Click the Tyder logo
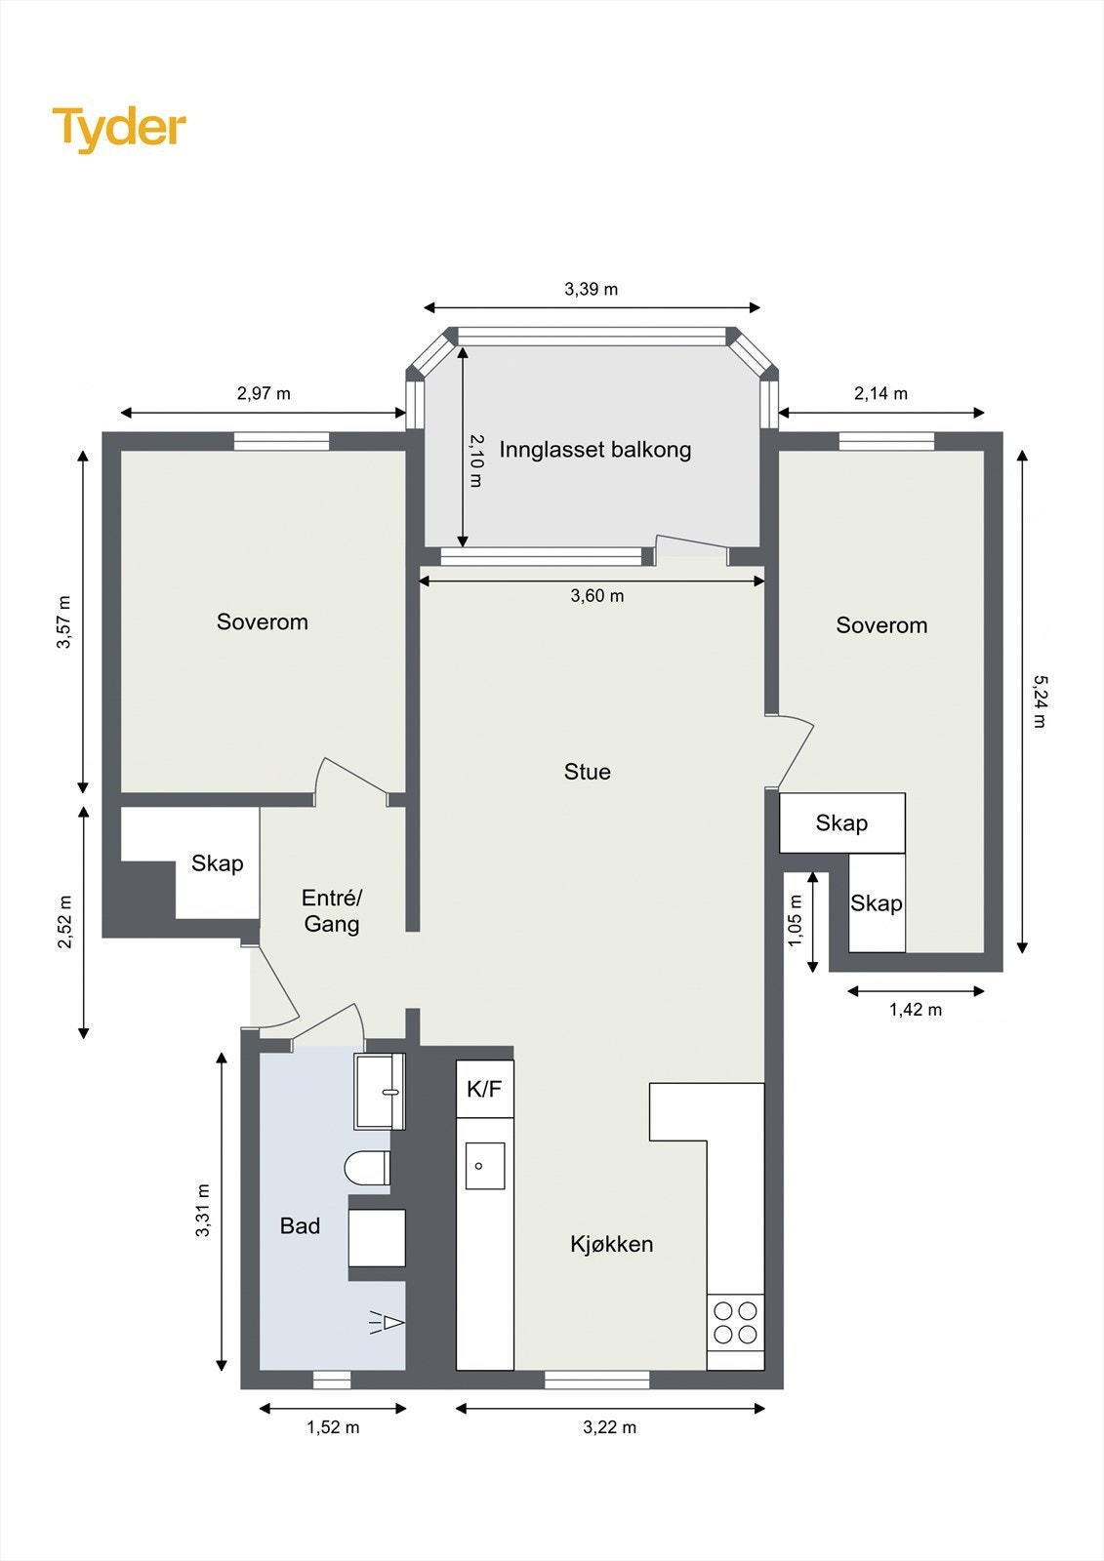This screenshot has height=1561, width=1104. pos(119,130)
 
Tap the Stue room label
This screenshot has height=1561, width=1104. pos(588,772)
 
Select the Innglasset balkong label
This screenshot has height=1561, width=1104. pos(594,450)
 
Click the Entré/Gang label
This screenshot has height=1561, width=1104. pos(332,911)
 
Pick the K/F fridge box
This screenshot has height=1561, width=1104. pos(485,1089)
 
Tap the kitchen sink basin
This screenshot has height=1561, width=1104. pos(485,1166)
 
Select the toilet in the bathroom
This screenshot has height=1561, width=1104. pos(368,1167)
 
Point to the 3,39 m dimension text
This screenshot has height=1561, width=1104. pos(592,289)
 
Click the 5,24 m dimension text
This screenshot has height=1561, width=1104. pos(1040,701)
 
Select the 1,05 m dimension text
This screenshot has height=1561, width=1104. pos(796,921)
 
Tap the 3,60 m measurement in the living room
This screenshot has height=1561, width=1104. pos(597,596)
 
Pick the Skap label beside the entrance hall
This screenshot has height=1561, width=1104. pos(217,864)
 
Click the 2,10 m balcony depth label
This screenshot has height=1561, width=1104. pos(475,460)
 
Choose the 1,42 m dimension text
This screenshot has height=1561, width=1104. pos(915,1010)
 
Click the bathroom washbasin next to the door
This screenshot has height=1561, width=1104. pos(380,1092)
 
